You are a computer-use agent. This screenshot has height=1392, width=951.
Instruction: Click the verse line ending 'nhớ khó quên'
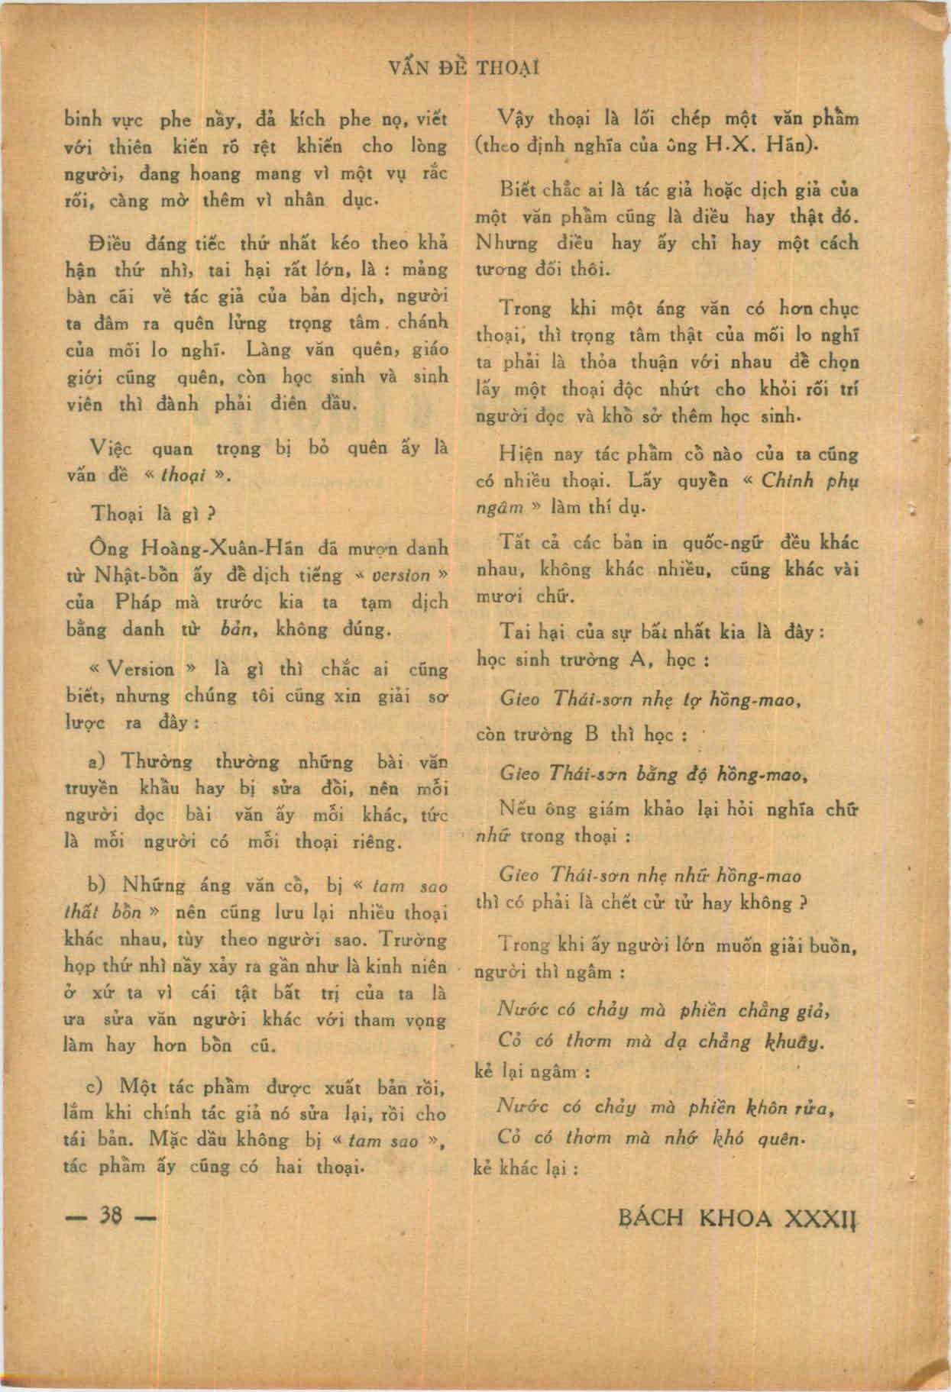pos(652,1137)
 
